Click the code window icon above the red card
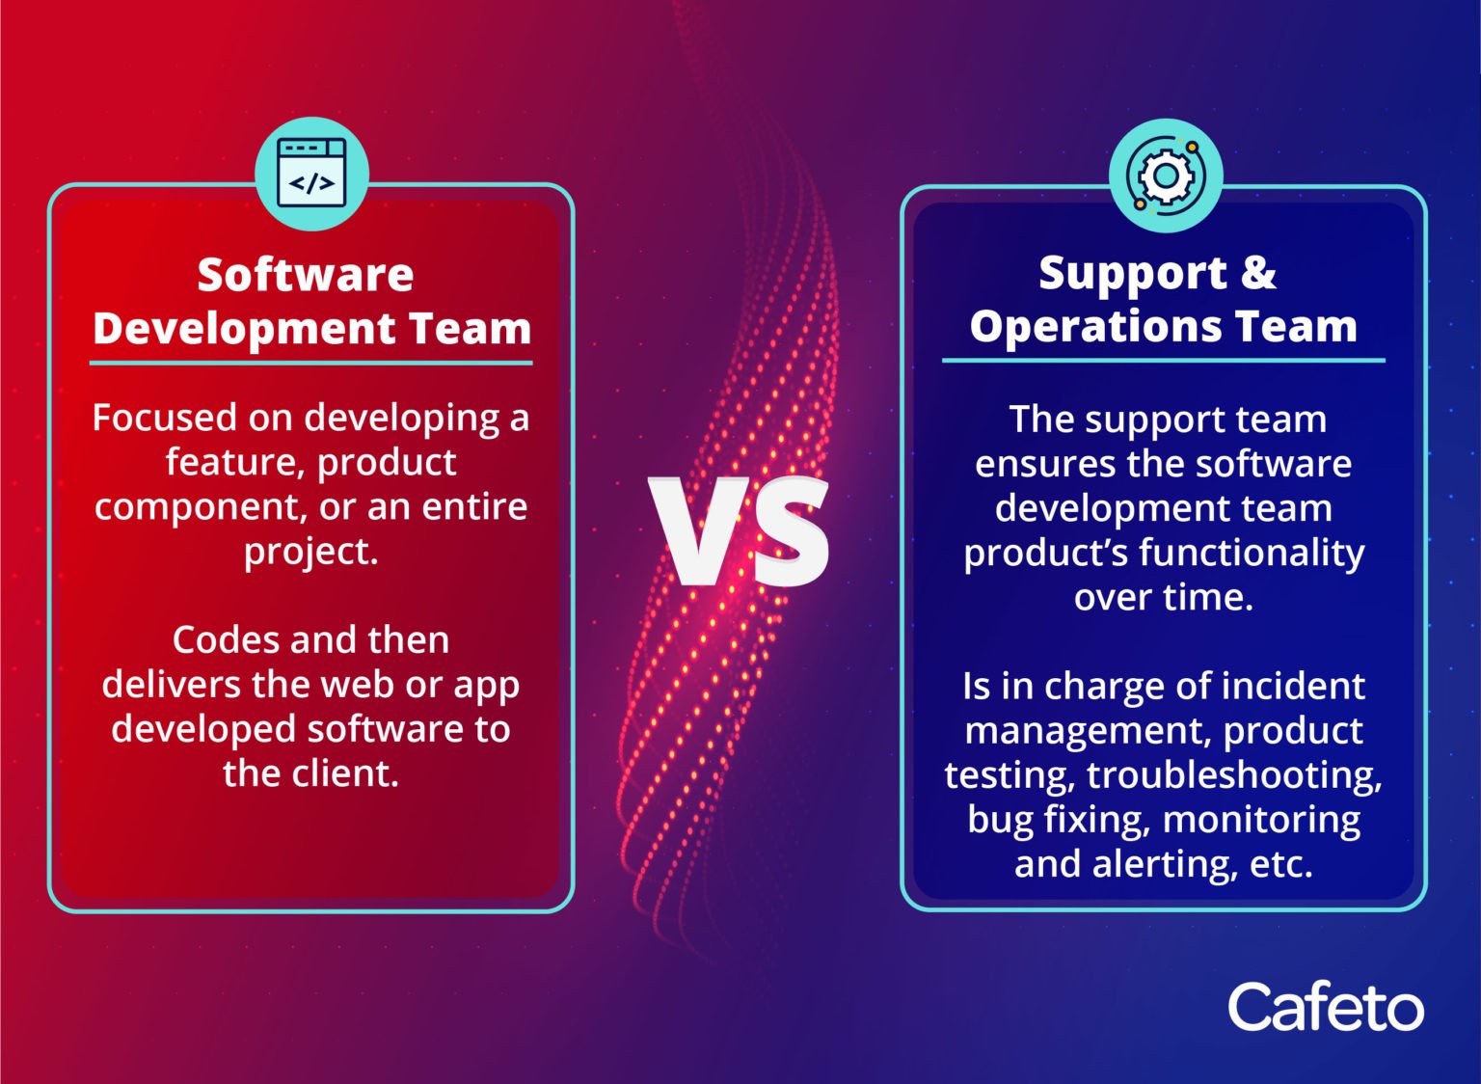311,175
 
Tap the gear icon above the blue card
1166,176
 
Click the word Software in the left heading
306,275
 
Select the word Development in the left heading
244,329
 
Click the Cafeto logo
1325,1008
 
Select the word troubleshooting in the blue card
1234,775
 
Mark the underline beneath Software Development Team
310,364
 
